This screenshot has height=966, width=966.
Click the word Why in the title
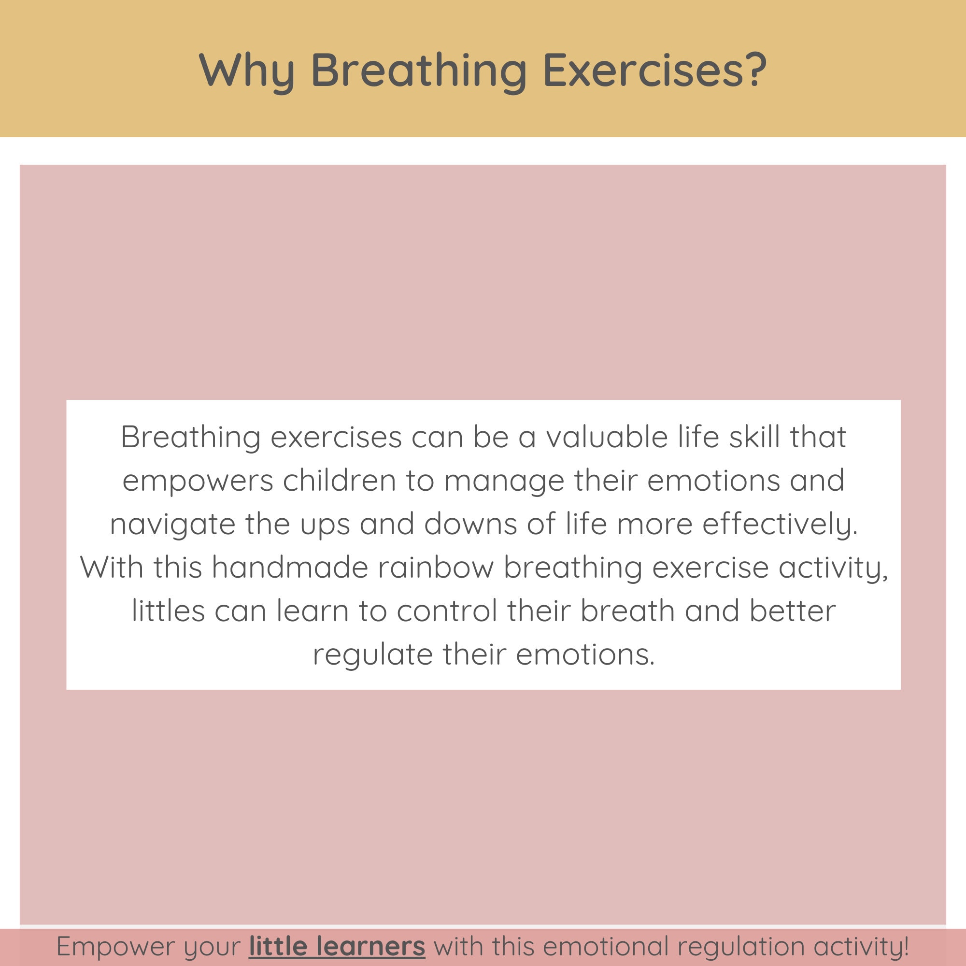[x=246, y=71]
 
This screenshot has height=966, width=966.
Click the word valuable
[x=607, y=437]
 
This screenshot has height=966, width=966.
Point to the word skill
[x=754, y=437]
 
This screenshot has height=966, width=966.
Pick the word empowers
[x=198, y=481]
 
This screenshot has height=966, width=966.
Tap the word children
[x=340, y=481]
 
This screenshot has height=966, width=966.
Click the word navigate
[x=172, y=525]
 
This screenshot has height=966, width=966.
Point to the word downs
[x=470, y=524]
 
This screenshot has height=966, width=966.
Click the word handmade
[x=290, y=568]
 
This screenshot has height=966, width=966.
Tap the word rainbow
[x=435, y=568]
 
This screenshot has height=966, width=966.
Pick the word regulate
[x=372, y=654]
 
